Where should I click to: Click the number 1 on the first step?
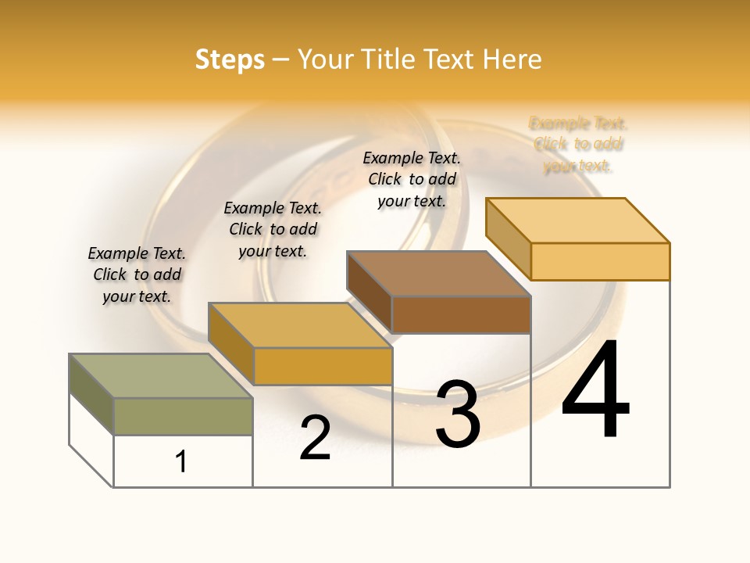pos(181,461)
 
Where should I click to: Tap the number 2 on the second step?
pos(315,438)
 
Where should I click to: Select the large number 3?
pos(458,414)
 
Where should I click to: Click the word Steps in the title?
pos(230,59)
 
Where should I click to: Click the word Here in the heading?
pos(512,59)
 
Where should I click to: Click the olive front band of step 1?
pos(183,416)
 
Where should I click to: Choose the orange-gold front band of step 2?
pos(323,366)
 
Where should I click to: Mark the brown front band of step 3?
pos(461,314)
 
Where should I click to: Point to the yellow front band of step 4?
pos(600,261)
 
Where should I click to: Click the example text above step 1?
pos(137,274)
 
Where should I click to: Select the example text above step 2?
pos(273,229)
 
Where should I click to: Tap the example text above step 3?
pos(412,179)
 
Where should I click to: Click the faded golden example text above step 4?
pos(578,144)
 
